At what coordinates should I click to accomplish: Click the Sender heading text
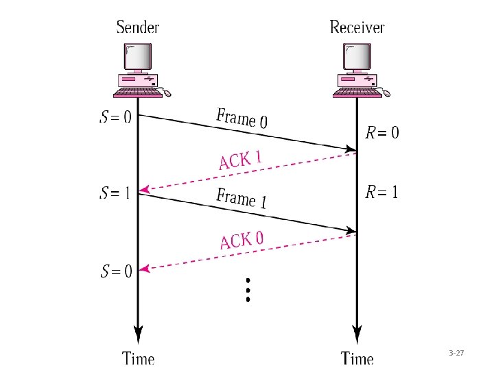(138, 27)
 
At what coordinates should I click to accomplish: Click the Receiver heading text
(357, 27)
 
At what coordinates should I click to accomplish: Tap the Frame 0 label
(242, 119)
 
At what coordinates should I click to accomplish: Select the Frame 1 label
(242, 198)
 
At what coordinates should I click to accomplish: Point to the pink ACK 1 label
(241, 160)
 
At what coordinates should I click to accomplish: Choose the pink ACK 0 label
(242, 241)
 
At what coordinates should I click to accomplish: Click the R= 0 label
(382, 132)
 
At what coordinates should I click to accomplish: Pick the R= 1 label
(381, 192)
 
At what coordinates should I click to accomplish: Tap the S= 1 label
(115, 193)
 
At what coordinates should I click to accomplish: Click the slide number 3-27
(456, 353)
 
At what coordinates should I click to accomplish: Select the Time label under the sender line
(138, 358)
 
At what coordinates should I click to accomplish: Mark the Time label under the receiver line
(357, 358)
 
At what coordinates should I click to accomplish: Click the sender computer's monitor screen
(138, 57)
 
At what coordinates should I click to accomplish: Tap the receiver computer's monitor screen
(357, 57)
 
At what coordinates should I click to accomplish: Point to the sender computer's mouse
(166, 92)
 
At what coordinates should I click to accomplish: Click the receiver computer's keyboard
(357, 92)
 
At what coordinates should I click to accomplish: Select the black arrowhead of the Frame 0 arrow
(351, 149)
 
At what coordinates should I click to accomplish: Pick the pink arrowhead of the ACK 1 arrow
(144, 190)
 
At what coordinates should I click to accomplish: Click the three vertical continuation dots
(248, 290)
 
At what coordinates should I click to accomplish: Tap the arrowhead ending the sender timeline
(138, 334)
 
